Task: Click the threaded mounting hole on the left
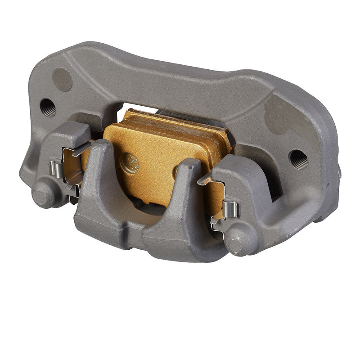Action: coord(48,107)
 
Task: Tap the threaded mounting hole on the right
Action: coord(298,158)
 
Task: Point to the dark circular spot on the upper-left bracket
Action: coord(63,79)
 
